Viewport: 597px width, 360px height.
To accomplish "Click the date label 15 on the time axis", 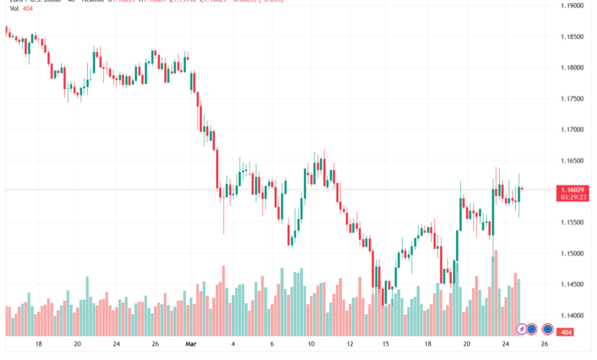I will pyautogui.click(x=387, y=345).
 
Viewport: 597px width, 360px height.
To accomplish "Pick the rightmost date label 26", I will pyautogui.click(x=544, y=345).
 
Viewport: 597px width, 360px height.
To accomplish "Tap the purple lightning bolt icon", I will pyautogui.click(x=523, y=329).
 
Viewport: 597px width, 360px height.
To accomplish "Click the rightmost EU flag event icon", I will pyautogui.click(x=548, y=329).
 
